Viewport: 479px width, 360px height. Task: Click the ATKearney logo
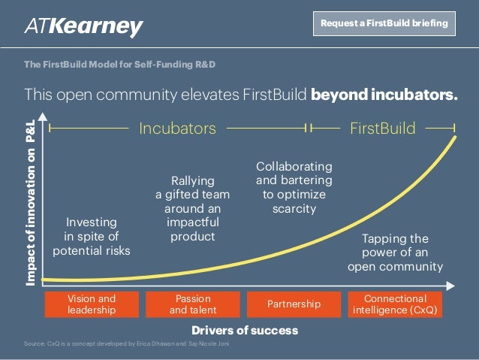click(84, 27)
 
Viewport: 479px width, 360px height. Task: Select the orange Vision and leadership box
click(92, 304)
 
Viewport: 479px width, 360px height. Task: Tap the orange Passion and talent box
click(192, 304)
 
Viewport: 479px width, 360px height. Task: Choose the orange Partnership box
click(294, 304)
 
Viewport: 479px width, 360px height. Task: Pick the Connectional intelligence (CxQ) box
click(395, 304)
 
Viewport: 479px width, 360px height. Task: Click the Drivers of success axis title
click(245, 330)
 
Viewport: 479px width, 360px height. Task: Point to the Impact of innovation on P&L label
click(31, 199)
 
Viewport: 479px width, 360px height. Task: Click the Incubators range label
click(177, 129)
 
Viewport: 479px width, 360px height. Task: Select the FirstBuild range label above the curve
click(382, 129)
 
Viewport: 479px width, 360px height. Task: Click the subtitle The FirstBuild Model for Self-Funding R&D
click(120, 65)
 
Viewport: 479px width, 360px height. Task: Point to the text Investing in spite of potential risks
click(92, 237)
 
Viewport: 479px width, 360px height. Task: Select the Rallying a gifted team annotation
click(193, 208)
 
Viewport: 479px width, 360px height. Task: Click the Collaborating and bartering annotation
click(294, 187)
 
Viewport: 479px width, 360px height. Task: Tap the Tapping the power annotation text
click(395, 252)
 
